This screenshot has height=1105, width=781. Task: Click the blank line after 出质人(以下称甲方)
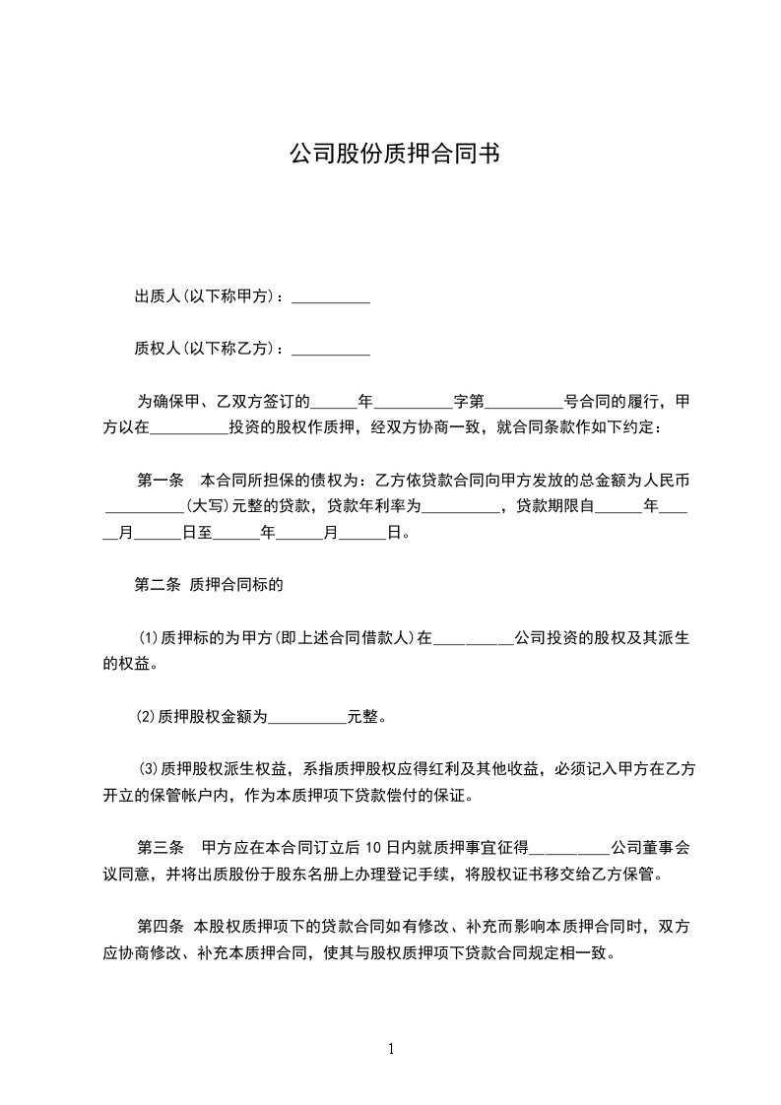click(x=331, y=296)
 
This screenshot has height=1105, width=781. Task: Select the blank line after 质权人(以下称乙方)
click(x=331, y=349)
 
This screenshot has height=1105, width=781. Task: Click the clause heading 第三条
click(x=160, y=848)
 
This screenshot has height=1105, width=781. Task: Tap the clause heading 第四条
click(x=160, y=927)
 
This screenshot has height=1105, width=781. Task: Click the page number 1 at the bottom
click(x=391, y=1049)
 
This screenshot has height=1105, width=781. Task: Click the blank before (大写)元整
click(x=144, y=507)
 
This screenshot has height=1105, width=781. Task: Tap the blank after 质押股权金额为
click(x=307, y=717)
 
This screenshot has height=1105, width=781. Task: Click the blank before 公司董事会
click(x=570, y=848)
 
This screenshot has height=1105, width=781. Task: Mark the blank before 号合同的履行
click(x=524, y=403)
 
